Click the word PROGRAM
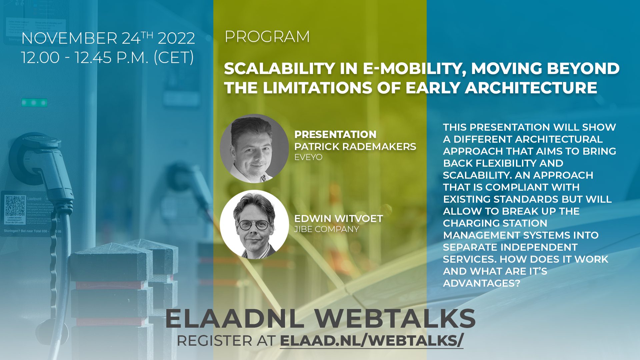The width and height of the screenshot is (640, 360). point(267,37)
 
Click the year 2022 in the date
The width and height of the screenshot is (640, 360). point(176,38)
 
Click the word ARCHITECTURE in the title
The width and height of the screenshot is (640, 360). point(531,88)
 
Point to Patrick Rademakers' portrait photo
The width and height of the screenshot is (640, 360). point(254,148)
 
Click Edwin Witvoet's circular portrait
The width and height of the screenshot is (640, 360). point(254,224)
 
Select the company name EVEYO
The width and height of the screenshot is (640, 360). point(308,157)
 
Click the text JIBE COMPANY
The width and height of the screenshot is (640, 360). point(326,229)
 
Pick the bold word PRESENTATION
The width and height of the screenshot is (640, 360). point(335,134)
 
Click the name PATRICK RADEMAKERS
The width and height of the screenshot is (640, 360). point(355,146)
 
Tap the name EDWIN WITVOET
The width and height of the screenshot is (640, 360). point(338,219)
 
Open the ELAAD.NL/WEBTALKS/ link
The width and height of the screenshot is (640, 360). point(371,341)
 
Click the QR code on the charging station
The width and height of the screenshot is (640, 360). point(15,205)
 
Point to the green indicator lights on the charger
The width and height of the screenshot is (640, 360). point(34,102)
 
